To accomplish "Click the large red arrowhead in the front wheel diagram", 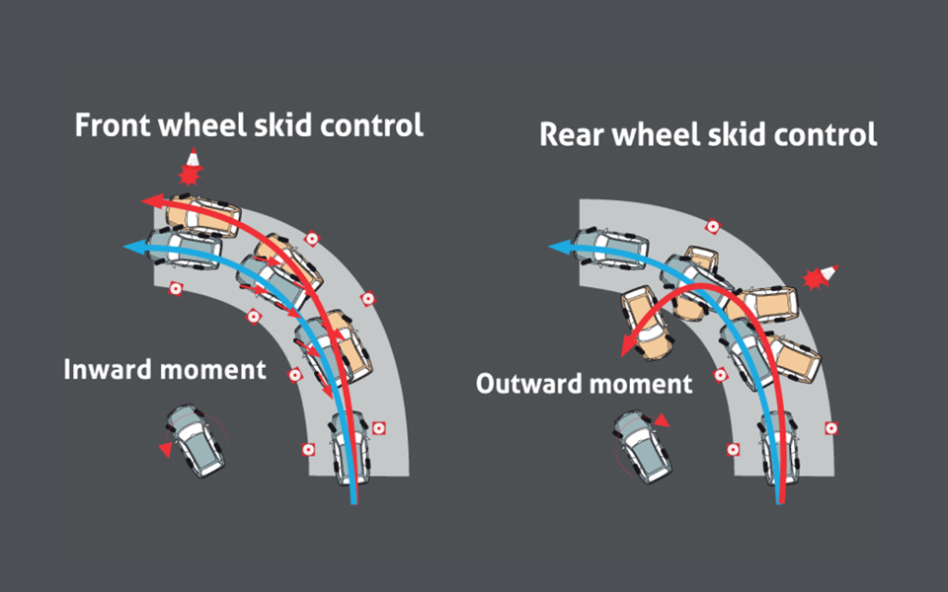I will pyautogui.click(x=151, y=201).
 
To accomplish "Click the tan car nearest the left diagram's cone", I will pyautogui.click(x=202, y=215).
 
